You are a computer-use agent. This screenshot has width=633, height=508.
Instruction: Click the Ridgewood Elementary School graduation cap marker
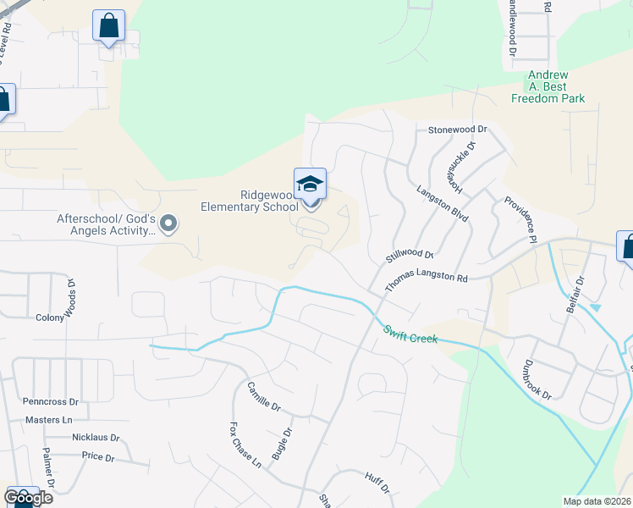click(x=310, y=185)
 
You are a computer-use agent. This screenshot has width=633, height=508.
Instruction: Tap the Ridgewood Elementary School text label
click(x=249, y=200)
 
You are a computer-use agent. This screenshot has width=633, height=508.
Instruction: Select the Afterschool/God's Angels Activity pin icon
click(x=168, y=224)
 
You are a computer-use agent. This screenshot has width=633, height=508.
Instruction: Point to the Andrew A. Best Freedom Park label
click(x=548, y=87)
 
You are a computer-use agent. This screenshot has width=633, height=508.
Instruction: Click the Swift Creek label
click(x=410, y=334)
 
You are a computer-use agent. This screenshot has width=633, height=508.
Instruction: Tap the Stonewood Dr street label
click(x=459, y=130)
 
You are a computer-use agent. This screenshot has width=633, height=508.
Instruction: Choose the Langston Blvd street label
click(x=443, y=204)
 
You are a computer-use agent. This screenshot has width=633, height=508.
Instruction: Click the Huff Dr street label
click(x=377, y=483)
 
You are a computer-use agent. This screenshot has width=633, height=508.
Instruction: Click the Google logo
click(x=28, y=498)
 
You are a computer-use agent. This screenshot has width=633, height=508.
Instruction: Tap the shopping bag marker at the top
click(x=108, y=27)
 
